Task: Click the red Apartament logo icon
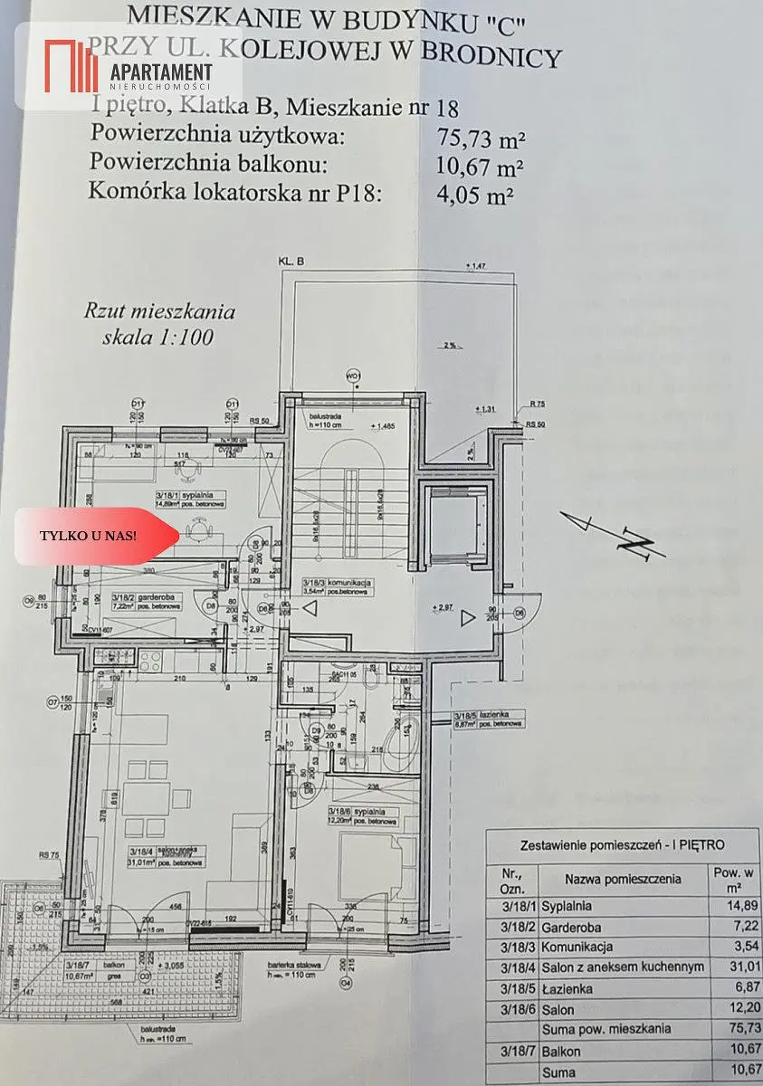point(72,65)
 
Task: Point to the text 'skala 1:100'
point(160,339)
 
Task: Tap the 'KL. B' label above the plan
point(291,262)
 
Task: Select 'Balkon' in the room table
point(561,1052)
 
